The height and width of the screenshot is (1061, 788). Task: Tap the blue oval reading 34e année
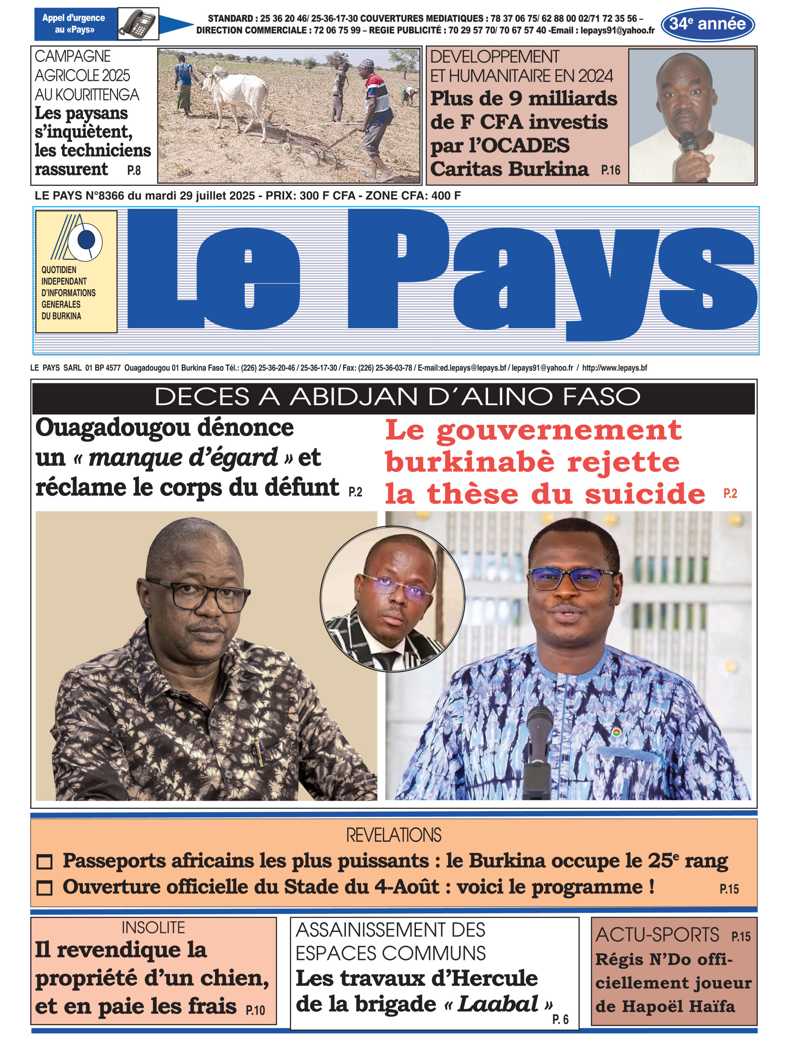pyautogui.click(x=707, y=24)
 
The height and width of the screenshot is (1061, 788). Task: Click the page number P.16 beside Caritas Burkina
pyautogui.click(x=610, y=170)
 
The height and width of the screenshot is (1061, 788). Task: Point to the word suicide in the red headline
pyautogui.click(x=645, y=494)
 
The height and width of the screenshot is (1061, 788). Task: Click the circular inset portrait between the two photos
pyautogui.click(x=392, y=599)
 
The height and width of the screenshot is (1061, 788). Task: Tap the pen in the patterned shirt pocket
pyautogui.click(x=259, y=752)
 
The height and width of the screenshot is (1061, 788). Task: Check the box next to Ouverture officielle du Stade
pyautogui.click(x=44, y=888)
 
